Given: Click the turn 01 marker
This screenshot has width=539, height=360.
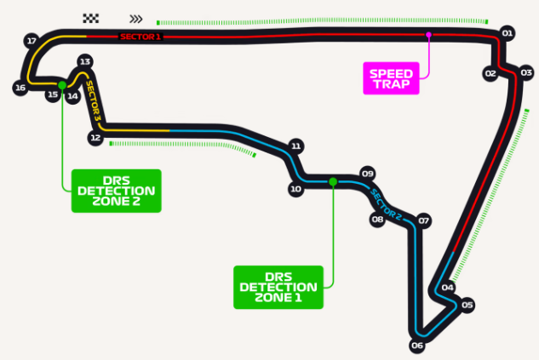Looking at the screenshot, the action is [507, 33].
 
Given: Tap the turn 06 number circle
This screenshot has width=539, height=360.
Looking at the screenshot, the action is [417, 346].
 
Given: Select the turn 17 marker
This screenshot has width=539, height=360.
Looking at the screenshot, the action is [32, 41].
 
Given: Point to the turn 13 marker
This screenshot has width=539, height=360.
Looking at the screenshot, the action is [85, 62].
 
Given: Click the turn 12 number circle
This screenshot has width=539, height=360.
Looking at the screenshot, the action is [95, 138].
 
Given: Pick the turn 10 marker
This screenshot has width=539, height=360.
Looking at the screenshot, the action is [295, 189].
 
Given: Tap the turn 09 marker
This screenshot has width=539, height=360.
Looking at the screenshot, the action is [368, 174].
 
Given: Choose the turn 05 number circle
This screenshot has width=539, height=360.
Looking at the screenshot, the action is [467, 305].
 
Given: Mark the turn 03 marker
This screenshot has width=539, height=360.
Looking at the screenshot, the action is [526, 73].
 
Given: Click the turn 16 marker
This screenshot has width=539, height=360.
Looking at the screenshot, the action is [20, 88].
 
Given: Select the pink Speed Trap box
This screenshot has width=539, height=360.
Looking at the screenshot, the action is [391, 78].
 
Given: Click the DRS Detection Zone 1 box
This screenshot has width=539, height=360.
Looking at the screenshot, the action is [278, 287].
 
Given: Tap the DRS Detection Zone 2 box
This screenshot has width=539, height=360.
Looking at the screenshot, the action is [116, 191].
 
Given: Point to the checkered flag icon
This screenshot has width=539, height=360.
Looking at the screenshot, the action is [91, 18].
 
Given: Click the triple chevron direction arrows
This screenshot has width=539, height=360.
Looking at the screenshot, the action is [136, 19].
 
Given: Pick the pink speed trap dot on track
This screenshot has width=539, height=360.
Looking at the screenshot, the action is [428, 35].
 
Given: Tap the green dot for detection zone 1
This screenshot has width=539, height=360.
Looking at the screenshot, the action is [333, 182].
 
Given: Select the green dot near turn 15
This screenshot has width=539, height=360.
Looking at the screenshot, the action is [62, 85].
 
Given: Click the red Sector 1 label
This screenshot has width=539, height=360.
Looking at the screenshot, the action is [140, 37].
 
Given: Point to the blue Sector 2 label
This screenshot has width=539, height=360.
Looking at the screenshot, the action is [386, 205].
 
